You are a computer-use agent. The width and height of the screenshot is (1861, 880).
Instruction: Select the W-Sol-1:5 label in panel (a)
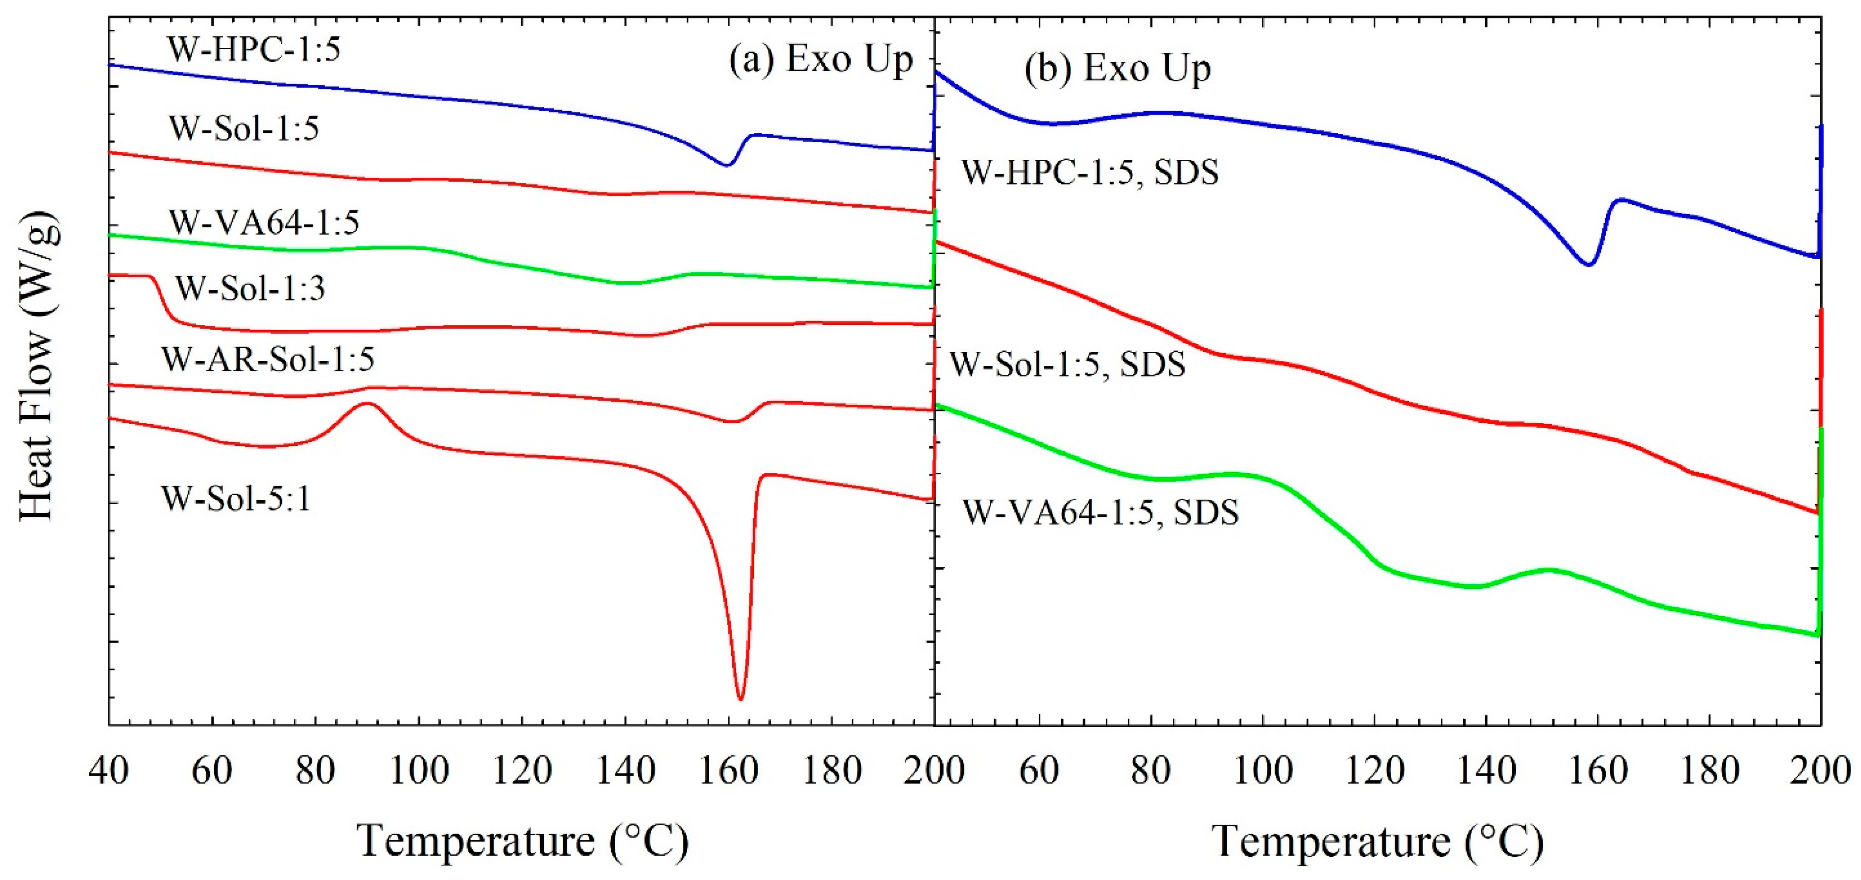244,129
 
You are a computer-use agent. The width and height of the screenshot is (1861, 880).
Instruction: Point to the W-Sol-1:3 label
251,288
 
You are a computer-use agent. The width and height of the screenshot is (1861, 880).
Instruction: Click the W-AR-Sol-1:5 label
267,359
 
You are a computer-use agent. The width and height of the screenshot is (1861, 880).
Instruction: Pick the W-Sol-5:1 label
236,498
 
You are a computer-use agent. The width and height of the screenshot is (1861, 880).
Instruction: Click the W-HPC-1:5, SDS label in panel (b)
1090,173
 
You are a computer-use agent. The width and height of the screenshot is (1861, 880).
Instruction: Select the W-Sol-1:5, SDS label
1067,364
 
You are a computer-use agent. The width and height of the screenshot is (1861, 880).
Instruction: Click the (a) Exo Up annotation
821,59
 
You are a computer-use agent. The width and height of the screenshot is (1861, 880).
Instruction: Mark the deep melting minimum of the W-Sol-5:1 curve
740,698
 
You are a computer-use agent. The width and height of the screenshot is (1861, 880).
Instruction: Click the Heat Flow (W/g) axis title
37,365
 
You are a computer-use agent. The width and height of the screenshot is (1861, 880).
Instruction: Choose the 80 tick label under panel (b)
1150,771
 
